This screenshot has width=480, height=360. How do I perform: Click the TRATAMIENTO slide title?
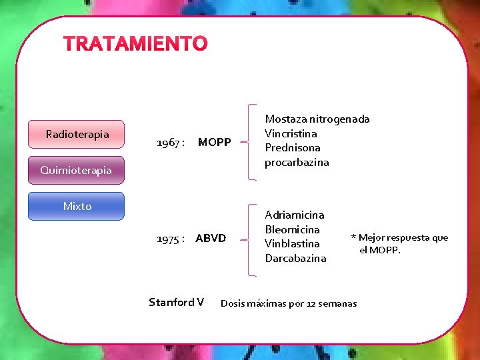click(135, 44)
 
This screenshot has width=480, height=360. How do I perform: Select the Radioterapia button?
click(77, 135)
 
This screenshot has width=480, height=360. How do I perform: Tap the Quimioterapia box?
click(76, 170)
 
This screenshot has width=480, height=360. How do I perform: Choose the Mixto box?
click(77, 206)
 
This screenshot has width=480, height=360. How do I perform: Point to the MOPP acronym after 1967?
click(214, 143)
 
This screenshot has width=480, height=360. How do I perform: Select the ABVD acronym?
click(211, 238)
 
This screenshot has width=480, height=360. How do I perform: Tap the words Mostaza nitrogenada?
click(317, 119)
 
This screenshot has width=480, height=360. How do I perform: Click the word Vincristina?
click(291, 133)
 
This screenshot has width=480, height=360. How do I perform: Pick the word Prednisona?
click(292, 147)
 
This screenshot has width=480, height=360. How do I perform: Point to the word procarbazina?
click(297, 162)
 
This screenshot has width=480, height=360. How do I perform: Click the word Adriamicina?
click(295, 215)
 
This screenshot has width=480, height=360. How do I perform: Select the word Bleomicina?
click(292, 229)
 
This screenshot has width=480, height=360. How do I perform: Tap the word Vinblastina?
click(292, 243)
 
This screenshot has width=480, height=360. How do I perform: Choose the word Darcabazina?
click(295, 258)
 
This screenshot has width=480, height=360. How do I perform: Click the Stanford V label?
click(176, 303)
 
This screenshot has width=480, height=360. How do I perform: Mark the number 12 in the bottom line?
click(311, 304)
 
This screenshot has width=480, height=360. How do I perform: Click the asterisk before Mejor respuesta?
click(353, 238)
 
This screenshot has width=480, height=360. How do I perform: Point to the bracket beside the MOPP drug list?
click(248, 141)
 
